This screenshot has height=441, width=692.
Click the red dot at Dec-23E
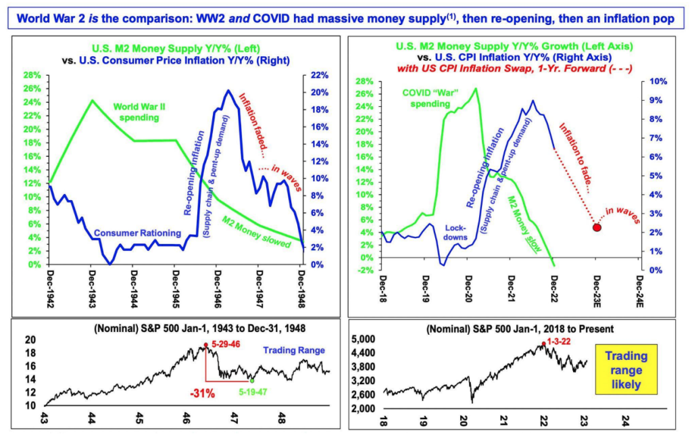597,227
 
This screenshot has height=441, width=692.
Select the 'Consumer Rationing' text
138,233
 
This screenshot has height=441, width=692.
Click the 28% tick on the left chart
30,75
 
